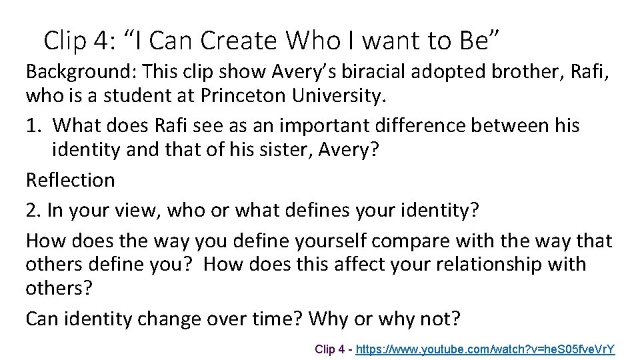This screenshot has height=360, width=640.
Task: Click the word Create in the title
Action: point(234,41)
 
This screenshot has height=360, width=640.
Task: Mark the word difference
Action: point(416,125)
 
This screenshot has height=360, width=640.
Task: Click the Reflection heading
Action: point(70,180)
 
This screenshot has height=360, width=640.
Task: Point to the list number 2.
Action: point(33,210)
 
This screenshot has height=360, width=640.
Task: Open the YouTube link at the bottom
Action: point(485,349)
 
